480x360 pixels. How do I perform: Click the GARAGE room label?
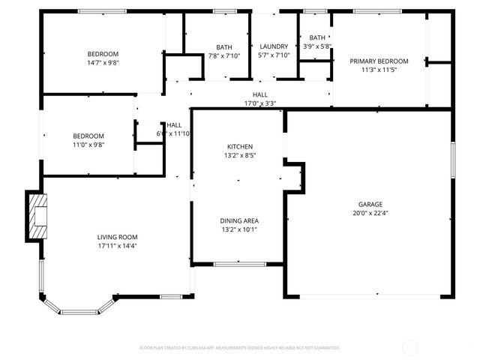(x=370, y=204)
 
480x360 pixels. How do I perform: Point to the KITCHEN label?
(x=240, y=146)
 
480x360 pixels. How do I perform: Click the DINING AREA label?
(x=239, y=220)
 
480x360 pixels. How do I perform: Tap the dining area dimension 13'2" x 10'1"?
(x=239, y=229)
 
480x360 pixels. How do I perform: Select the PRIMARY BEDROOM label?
(x=379, y=61)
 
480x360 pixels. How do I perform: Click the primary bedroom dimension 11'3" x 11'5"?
(x=379, y=70)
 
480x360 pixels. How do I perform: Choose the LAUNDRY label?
(x=274, y=46)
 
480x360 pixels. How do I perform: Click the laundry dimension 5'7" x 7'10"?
(x=274, y=55)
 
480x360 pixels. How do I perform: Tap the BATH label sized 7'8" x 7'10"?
(x=224, y=46)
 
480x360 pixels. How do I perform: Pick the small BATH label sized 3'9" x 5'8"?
(x=317, y=37)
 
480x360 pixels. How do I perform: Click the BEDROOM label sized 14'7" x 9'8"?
(x=103, y=54)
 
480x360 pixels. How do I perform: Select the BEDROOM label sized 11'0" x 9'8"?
(x=88, y=136)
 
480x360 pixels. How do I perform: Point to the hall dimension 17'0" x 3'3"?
(x=260, y=103)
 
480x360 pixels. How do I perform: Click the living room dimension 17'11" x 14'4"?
(x=117, y=246)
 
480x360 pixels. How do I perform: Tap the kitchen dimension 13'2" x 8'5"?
(x=240, y=155)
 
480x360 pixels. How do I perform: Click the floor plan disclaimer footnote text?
(x=240, y=348)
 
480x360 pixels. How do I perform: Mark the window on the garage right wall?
(x=452, y=160)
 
